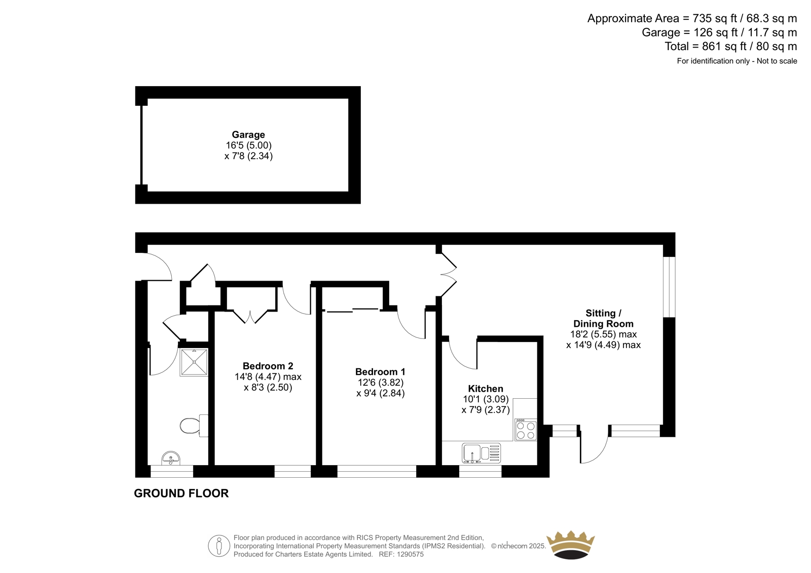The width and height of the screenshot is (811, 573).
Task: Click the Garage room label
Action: [x=248, y=135]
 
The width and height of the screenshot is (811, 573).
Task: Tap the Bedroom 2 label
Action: [x=268, y=366]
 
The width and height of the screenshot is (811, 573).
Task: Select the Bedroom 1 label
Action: [x=380, y=372]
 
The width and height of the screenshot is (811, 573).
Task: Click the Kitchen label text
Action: [x=486, y=389]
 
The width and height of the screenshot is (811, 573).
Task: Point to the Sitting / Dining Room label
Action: [x=604, y=318]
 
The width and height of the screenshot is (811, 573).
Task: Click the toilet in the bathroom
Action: [x=194, y=426]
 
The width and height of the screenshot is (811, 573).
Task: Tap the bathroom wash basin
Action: [x=171, y=459]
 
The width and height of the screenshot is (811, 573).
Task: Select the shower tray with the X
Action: [x=194, y=362]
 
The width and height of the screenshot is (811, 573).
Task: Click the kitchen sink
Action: [x=482, y=453]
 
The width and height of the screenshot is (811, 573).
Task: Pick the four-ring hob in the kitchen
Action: [x=526, y=430]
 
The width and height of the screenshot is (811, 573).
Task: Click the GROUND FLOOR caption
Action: [x=181, y=493]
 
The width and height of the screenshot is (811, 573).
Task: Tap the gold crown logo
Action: [x=571, y=545]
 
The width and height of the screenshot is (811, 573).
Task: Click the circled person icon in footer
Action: [x=219, y=546]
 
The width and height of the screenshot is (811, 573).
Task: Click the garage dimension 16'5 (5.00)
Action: [x=249, y=145]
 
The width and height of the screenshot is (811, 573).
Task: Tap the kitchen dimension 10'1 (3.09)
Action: [x=486, y=399]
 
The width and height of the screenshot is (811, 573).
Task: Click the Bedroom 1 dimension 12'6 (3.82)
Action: [x=380, y=383]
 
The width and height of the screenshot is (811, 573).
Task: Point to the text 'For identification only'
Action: [x=713, y=61]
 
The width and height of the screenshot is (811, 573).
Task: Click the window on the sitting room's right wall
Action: [x=669, y=287]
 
